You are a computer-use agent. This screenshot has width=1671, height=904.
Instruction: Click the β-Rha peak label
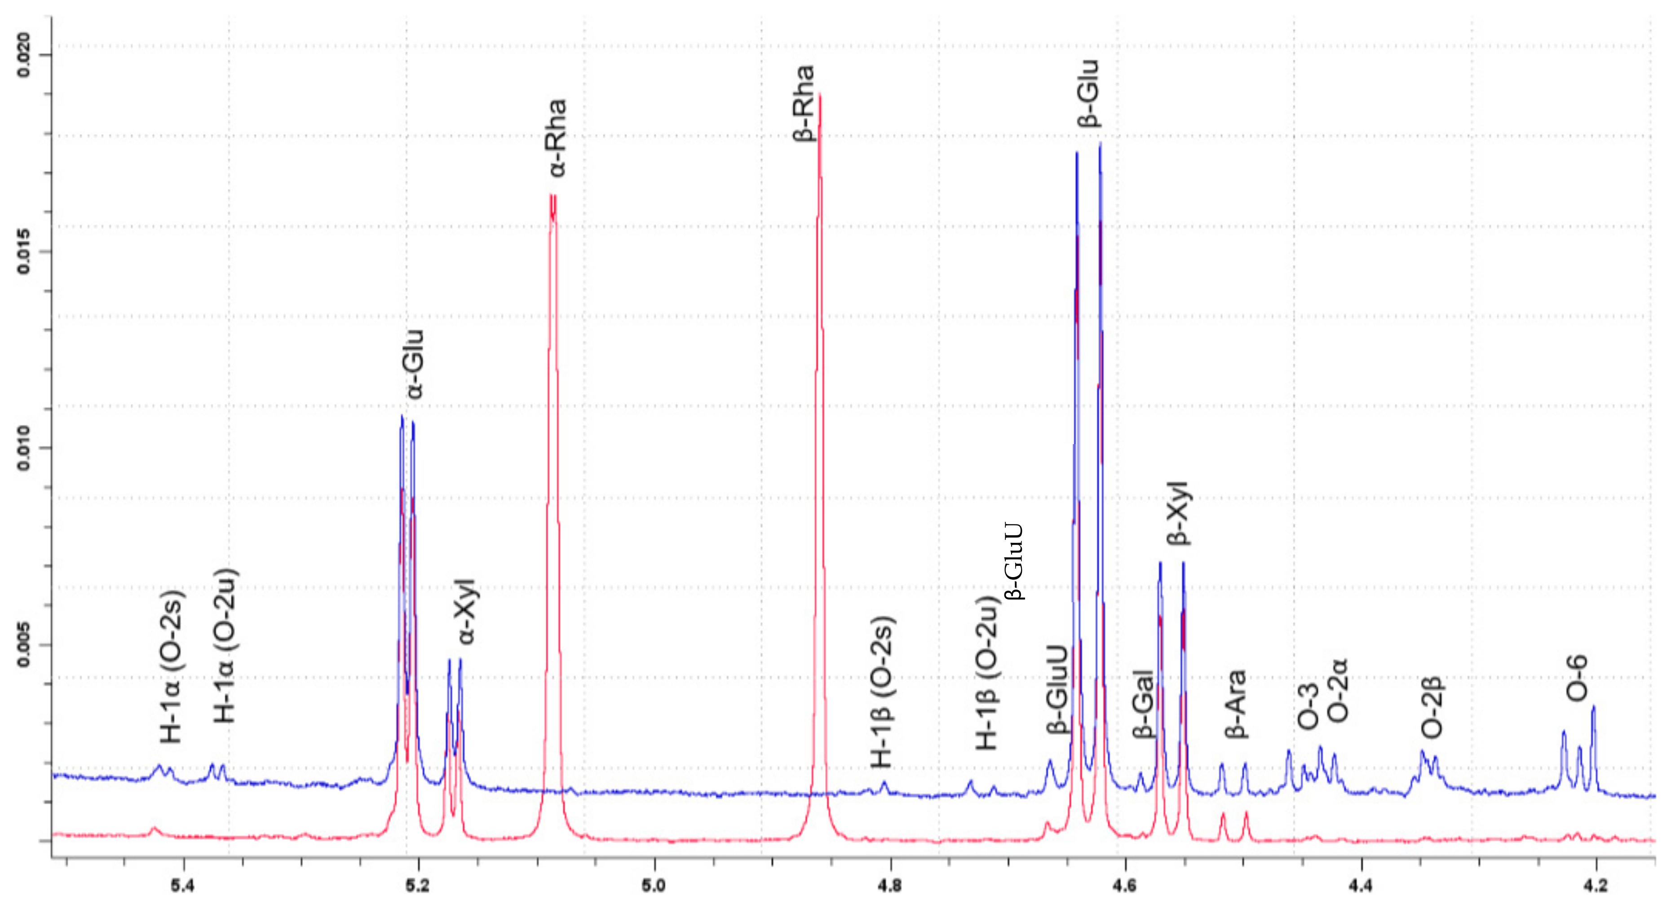click(805, 104)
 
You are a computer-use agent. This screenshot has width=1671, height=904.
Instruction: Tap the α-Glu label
click(414, 365)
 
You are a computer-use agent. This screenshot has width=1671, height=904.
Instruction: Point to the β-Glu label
click(1088, 94)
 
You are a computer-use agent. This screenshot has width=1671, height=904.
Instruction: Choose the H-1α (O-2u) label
click(226, 646)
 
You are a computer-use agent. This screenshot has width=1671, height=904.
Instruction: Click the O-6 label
click(1577, 679)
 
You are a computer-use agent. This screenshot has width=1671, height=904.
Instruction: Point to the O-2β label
click(1432, 708)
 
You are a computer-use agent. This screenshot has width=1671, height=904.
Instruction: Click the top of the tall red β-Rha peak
click(820, 95)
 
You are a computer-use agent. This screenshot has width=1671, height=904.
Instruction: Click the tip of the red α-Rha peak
click(552, 195)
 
